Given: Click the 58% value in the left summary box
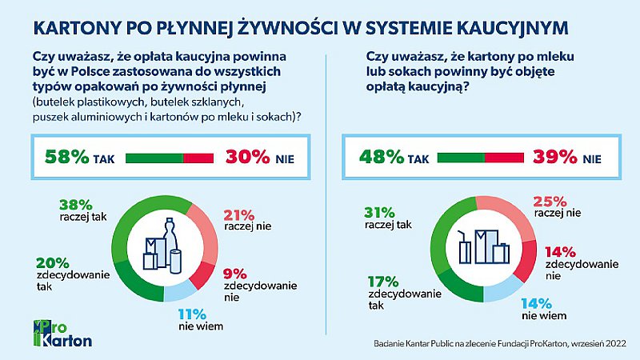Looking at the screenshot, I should [x=67, y=158].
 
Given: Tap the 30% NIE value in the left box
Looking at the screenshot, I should [x=248, y=158].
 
